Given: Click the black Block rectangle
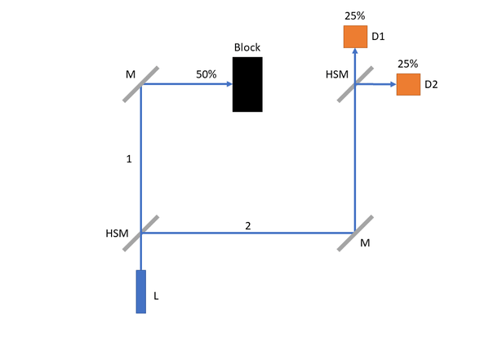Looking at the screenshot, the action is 247,84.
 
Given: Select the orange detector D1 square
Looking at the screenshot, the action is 355,37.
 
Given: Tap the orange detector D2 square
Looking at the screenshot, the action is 408,85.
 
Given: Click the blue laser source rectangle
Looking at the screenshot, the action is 140,291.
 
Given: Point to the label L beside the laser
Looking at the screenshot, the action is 156,296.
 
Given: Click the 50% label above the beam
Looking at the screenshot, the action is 207,74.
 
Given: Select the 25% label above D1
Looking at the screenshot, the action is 355,16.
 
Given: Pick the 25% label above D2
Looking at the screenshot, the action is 408,64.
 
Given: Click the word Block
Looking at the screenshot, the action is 247,47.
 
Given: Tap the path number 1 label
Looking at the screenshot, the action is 129,159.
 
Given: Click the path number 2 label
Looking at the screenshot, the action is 248,226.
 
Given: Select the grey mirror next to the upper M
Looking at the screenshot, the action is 140,84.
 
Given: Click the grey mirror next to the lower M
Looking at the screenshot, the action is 355,233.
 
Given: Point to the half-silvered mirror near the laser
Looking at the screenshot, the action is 140,233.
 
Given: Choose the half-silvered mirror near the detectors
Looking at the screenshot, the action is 355,84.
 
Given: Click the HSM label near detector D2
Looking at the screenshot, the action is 337,74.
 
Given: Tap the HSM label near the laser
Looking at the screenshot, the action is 117,233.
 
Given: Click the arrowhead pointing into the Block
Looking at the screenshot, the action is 229,84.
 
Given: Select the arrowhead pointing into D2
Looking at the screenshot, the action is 393,84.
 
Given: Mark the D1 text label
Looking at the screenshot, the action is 378,37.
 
